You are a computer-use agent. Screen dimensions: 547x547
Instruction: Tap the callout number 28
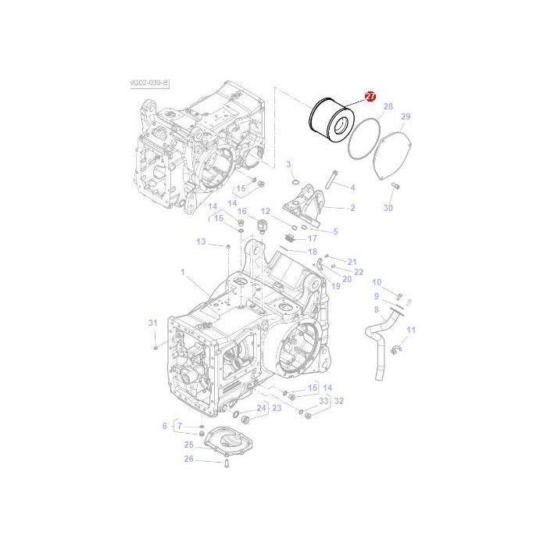point(388,107)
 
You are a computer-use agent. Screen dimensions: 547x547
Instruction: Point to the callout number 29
point(406,117)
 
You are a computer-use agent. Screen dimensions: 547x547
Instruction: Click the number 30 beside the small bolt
point(388,208)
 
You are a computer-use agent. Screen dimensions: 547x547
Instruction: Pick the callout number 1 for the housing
point(183,273)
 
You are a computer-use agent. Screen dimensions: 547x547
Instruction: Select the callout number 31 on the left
point(153,323)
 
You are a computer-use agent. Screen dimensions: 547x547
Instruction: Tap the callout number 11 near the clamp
point(411,330)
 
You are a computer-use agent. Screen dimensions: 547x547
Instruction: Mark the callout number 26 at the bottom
point(188,459)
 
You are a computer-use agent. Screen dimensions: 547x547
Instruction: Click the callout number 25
point(188,445)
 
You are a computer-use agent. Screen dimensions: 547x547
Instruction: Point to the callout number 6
point(165,426)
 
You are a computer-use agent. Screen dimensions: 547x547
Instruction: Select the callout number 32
point(338,400)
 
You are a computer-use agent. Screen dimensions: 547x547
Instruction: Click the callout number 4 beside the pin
point(352,188)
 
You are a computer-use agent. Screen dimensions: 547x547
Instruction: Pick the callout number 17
point(312,238)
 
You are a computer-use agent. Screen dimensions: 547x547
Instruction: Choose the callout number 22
point(359,272)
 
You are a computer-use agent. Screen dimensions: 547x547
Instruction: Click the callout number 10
point(377,282)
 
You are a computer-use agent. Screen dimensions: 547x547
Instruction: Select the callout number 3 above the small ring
point(288,163)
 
